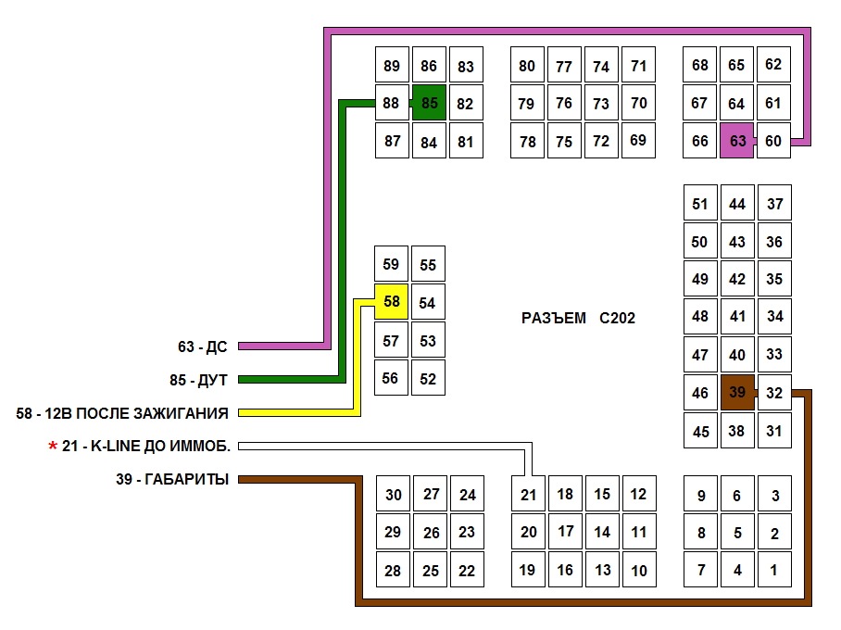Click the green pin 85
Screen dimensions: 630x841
(429, 103)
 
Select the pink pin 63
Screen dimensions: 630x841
(737, 141)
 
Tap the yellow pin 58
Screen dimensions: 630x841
(391, 302)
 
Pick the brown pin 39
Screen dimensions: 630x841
(737, 393)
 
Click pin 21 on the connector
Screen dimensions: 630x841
(528, 495)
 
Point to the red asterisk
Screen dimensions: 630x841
(53, 447)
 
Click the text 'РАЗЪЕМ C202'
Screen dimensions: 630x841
(578, 318)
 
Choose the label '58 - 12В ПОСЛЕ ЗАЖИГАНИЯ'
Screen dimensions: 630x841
(122, 412)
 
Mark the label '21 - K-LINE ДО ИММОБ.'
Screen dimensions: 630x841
(146, 447)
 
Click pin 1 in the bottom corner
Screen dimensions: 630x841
(774, 570)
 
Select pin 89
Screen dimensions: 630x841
(392, 66)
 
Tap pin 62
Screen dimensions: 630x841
(773, 65)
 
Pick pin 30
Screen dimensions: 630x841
(394, 495)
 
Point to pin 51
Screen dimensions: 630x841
(699, 204)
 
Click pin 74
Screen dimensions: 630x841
(601, 66)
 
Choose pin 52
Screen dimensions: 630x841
(428, 378)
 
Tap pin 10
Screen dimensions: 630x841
(639, 571)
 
